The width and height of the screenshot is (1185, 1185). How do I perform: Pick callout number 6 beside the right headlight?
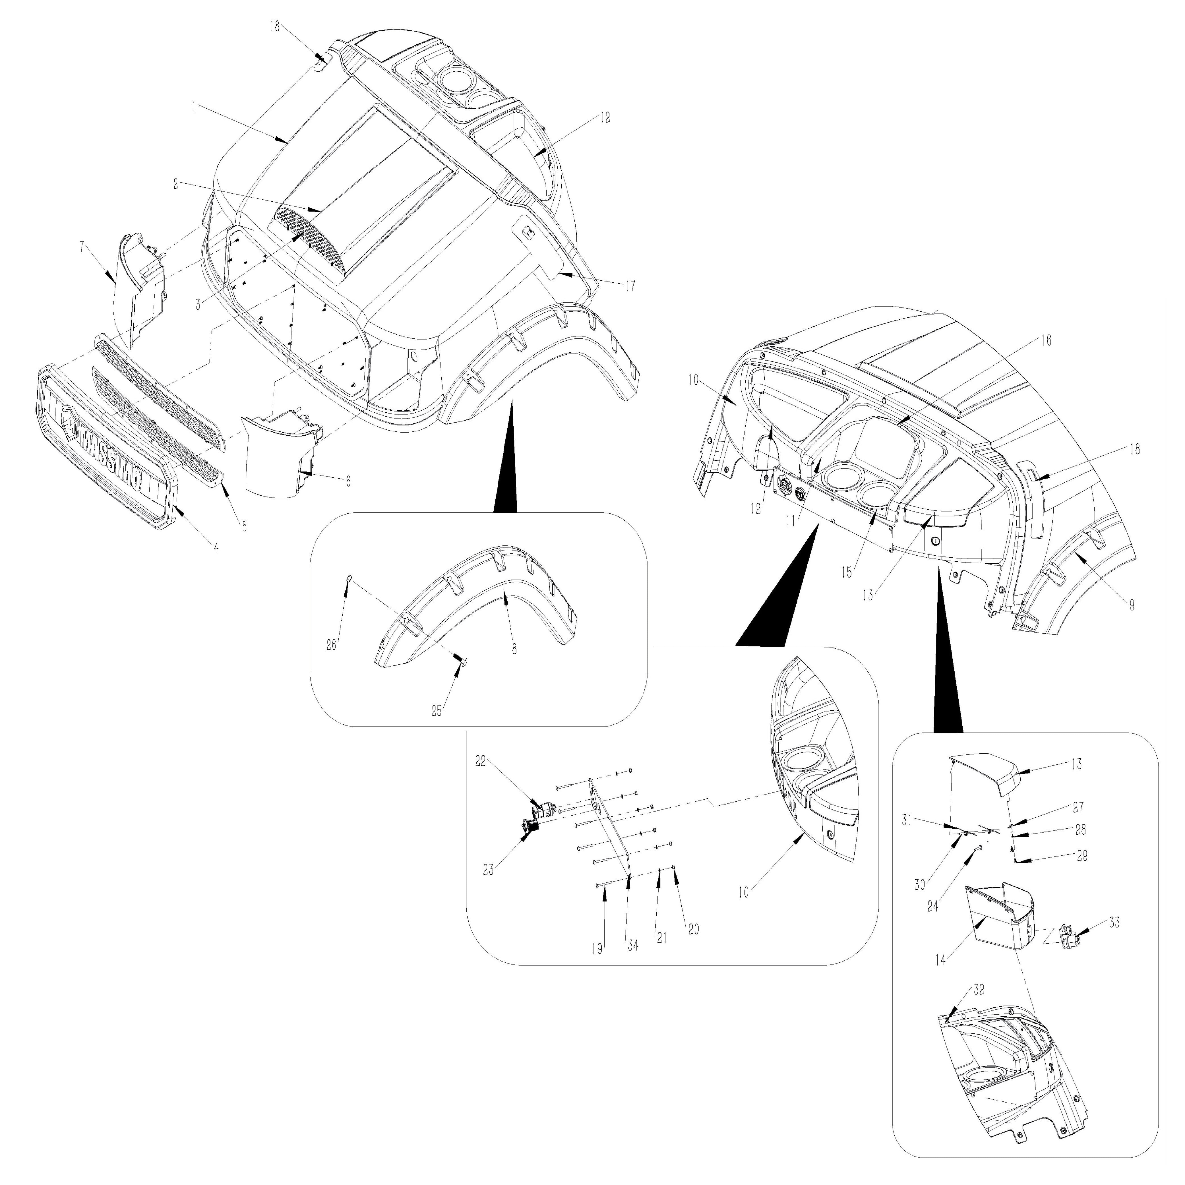click(x=348, y=481)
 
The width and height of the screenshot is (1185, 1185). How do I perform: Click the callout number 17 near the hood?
click(x=630, y=285)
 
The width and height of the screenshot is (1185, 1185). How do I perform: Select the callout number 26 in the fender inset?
click(x=331, y=645)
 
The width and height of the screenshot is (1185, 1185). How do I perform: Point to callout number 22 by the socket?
click(x=480, y=760)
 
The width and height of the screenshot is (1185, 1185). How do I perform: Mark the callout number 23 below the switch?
click(x=488, y=870)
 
